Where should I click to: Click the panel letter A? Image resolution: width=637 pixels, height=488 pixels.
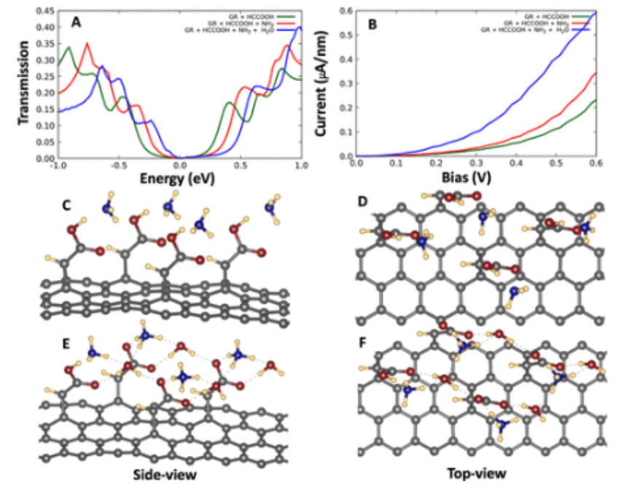(x=76, y=22)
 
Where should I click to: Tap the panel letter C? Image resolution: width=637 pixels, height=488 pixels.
(x=66, y=206)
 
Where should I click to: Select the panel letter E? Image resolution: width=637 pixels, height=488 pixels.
(x=66, y=344)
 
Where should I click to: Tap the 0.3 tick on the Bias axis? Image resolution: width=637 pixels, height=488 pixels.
(x=476, y=165)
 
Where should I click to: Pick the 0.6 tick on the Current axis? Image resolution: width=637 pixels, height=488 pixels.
(x=347, y=11)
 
